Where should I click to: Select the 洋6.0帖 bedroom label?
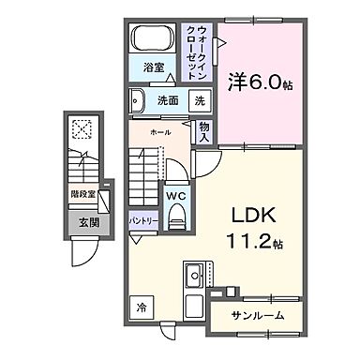click(x=260, y=82)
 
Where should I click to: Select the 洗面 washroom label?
click(x=168, y=100)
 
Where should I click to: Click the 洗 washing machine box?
click(x=200, y=100)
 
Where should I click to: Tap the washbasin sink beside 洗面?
click(x=138, y=98)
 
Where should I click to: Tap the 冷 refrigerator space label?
click(x=141, y=307)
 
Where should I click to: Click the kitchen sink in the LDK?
click(x=197, y=277)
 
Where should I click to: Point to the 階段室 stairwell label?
click(x=82, y=196)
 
